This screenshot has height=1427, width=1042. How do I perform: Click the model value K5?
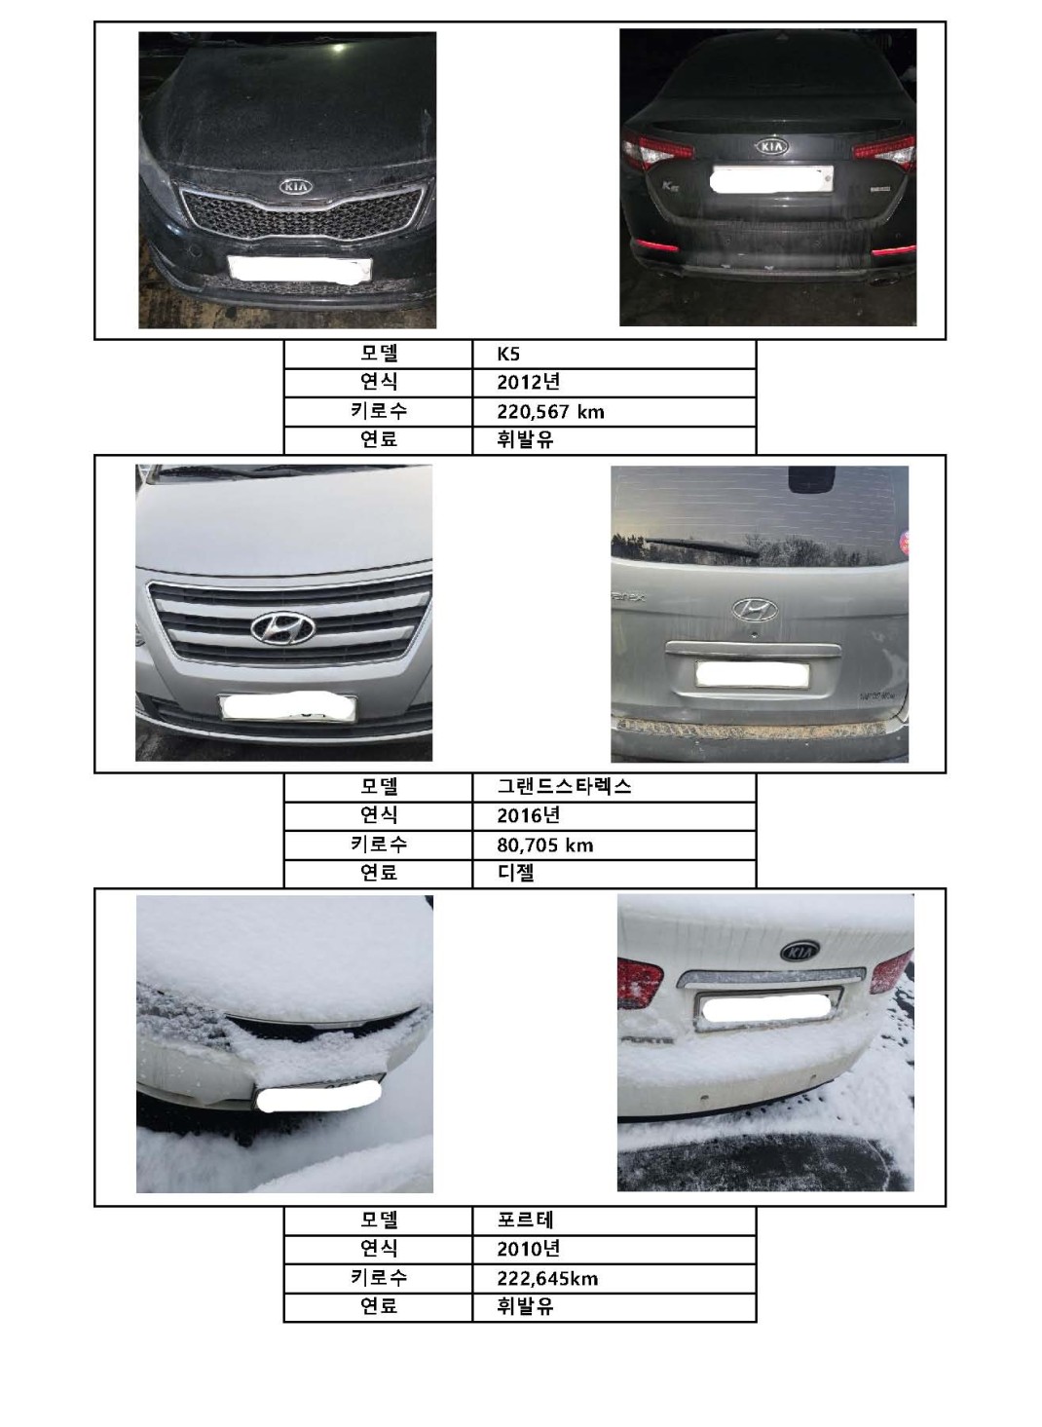coord(508,355)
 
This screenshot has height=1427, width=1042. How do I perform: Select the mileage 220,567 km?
coord(550,411)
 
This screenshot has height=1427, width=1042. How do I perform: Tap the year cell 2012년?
coord(528,382)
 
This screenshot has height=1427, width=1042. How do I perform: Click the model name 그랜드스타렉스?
coord(564,787)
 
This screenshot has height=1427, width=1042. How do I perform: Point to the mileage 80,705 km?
coord(545,845)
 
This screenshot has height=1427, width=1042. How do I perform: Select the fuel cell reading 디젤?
coord(515,874)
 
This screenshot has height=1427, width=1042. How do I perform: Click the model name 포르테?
coord(525,1220)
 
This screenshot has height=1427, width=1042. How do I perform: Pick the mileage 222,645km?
coord(547,1279)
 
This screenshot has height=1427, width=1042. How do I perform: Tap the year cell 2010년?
coord(528,1250)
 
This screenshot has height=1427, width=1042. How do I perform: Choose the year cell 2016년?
coord(528,815)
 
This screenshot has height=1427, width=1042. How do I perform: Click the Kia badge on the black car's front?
coord(296,187)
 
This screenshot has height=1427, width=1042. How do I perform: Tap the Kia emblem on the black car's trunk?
coord(772,146)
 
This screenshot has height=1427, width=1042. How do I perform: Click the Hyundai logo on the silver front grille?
coord(282,628)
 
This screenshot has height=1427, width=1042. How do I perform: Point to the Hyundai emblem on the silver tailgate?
coord(755,610)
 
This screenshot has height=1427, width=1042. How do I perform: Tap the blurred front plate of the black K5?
coord(299,268)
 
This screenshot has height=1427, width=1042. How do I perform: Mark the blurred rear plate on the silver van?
coord(752,675)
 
